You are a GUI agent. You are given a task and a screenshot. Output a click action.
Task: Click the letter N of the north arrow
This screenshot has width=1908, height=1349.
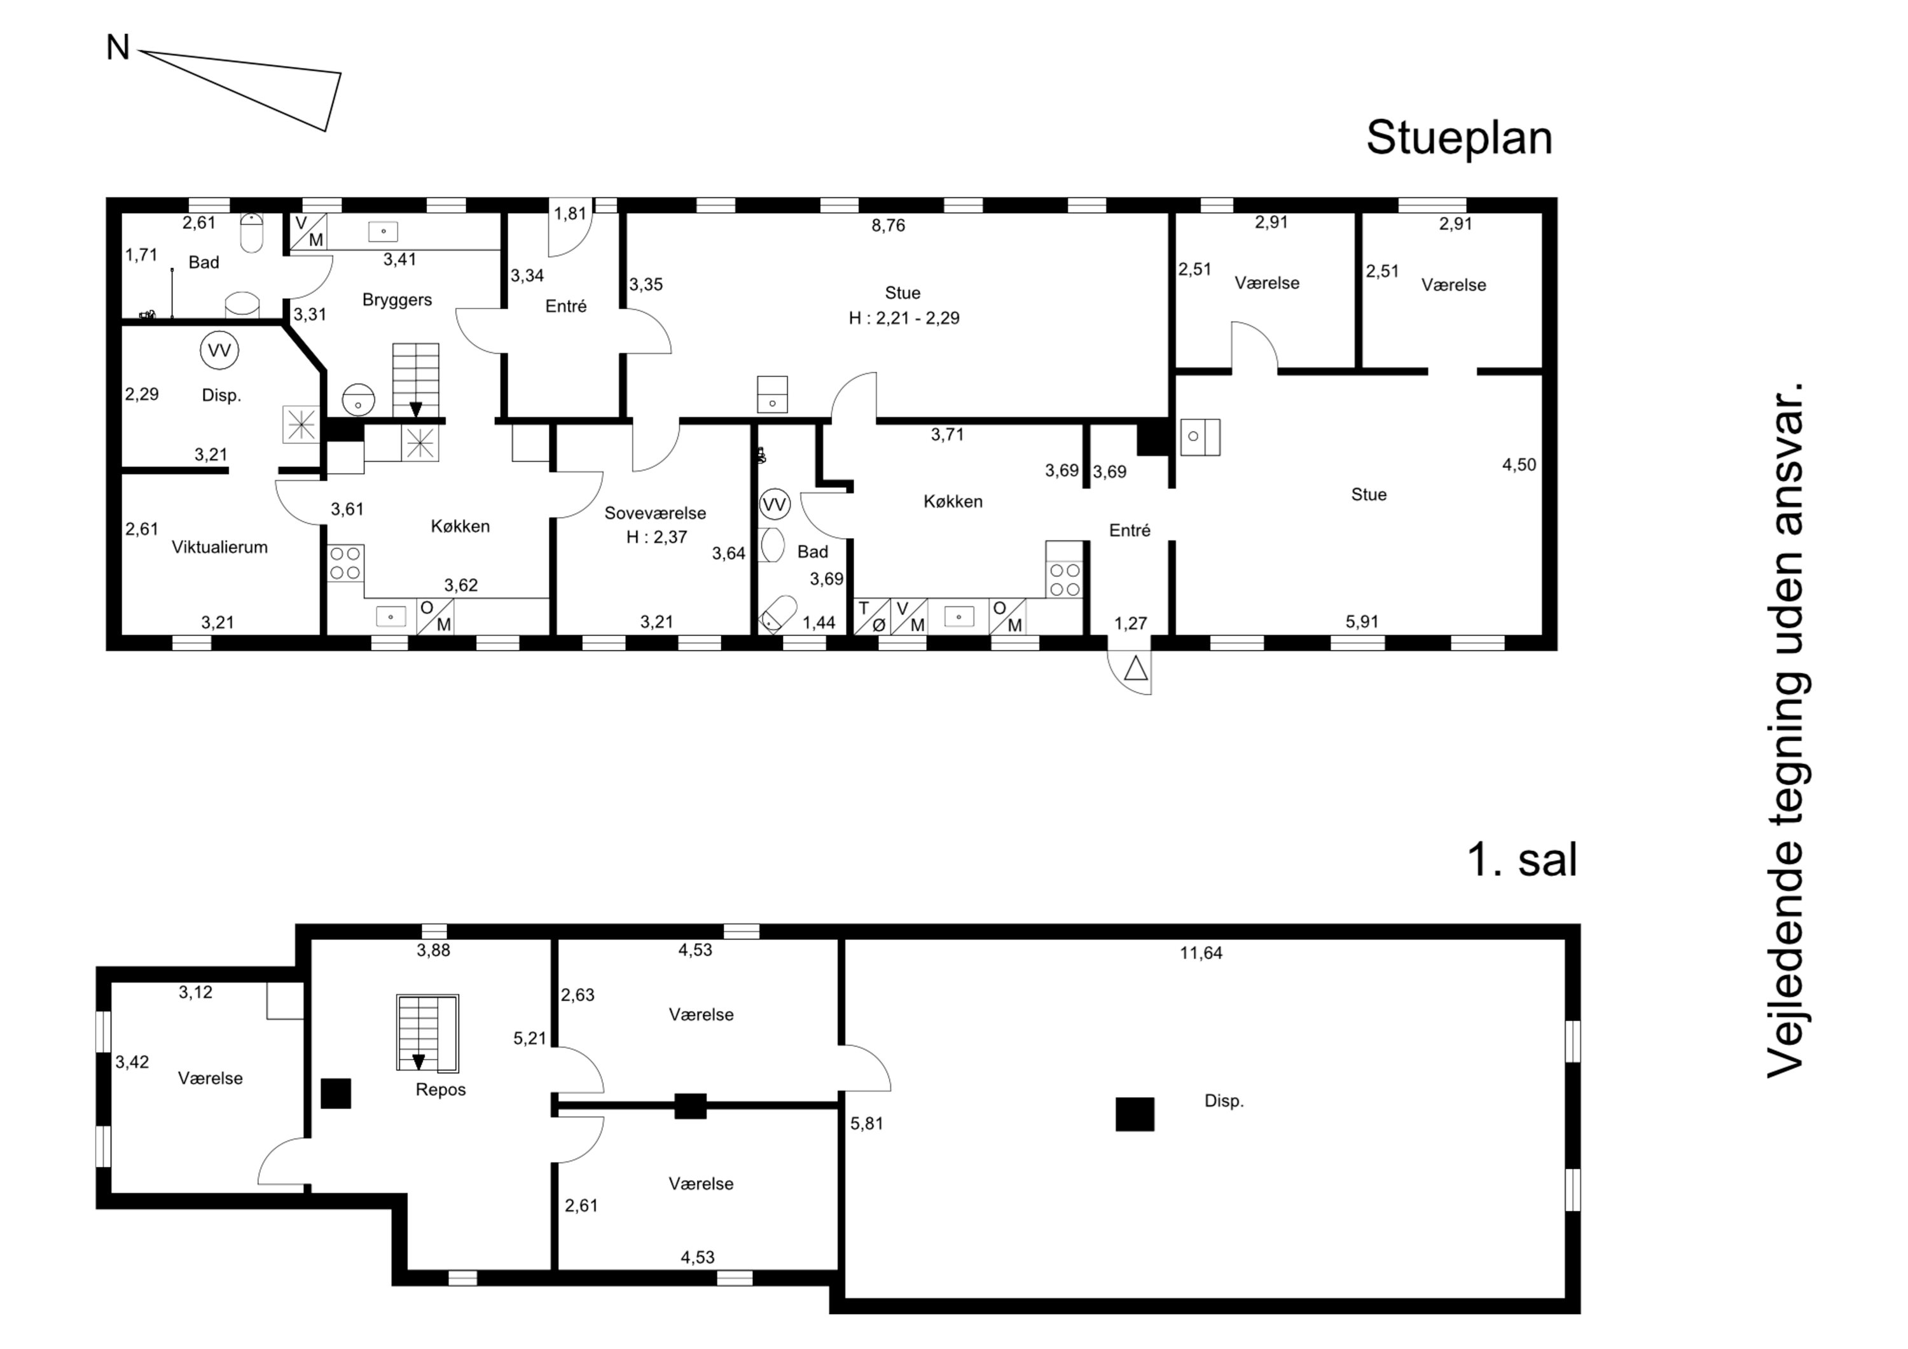pyautogui.click(x=118, y=48)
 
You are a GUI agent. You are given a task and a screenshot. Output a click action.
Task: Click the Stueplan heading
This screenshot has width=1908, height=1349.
pyautogui.click(x=1459, y=138)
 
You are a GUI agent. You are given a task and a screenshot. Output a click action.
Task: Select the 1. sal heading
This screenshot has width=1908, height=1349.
pyautogui.click(x=1523, y=859)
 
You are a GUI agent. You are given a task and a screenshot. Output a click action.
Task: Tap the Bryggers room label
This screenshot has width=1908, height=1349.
pyautogui.click(x=397, y=300)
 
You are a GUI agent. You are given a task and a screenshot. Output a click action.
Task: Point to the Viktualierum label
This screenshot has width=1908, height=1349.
pyautogui.click(x=219, y=547)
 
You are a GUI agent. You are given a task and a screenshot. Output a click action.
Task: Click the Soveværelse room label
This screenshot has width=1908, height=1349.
pyautogui.click(x=655, y=514)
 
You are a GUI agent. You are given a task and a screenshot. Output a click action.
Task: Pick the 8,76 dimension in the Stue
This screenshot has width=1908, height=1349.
pyautogui.click(x=888, y=225)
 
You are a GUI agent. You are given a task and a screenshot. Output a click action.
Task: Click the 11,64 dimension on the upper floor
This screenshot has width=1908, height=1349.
pyautogui.click(x=1201, y=953)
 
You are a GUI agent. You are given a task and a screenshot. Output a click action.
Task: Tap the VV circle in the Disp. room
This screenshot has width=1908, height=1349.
pyautogui.click(x=219, y=350)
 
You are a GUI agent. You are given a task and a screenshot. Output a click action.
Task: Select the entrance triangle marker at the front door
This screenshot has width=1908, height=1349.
pyautogui.click(x=1136, y=668)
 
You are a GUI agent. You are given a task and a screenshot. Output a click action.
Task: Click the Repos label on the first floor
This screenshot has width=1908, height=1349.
pyautogui.click(x=441, y=1090)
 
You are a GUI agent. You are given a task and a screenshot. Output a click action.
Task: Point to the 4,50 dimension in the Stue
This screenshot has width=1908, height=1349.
pyautogui.click(x=1519, y=466)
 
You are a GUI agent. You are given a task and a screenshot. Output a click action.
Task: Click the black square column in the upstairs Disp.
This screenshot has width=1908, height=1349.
pyautogui.click(x=1135, y=1114)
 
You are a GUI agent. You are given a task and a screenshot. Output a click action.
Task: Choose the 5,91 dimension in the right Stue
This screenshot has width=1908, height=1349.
pyautogui.click(x=1363, y=622)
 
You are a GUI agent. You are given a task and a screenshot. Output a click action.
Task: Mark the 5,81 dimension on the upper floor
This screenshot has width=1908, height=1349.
pyautogui.click(x=867, y=1124)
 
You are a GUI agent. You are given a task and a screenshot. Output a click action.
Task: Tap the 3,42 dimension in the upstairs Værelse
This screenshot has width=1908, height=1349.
pyautogui.click(x=132, y=1062)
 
